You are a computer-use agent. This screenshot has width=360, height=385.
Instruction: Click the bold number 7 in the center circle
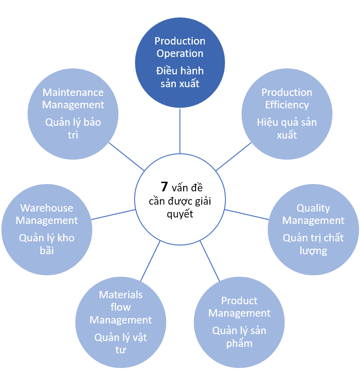[164, 187]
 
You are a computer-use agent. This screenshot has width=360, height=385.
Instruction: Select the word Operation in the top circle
[180, 53]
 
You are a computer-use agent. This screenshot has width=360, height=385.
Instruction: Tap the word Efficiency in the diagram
[287, 105]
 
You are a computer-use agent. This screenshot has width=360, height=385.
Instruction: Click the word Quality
[313, 208]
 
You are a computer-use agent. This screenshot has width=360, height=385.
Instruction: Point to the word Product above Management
[239, 301]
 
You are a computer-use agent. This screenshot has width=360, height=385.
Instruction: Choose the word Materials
[121, 295]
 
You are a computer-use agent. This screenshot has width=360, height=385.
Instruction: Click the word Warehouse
[47, 208]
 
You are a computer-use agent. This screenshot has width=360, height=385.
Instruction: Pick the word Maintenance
[73, 92]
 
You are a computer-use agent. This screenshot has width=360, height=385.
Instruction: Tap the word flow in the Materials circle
[121, 307]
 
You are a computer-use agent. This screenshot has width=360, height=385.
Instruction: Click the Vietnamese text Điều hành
[180, 71]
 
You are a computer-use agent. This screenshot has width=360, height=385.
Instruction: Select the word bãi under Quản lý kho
[47, 251]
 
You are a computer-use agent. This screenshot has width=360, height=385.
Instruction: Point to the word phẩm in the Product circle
[239, 343]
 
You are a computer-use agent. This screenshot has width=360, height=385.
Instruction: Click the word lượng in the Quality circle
[313, 251]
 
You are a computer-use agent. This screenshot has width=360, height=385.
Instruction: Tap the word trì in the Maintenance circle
[73, 135]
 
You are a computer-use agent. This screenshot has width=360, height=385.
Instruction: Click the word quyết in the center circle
[180, 214]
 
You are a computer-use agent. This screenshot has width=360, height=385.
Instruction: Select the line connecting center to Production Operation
[180, 131]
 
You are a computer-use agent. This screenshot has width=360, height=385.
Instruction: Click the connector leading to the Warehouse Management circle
[113, 214]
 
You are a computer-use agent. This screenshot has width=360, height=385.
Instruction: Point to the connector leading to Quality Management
[247, 214]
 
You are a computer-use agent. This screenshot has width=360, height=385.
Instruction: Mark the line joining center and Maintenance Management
[127, 156]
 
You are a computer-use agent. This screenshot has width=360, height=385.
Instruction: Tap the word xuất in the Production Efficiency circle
[287, 135]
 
